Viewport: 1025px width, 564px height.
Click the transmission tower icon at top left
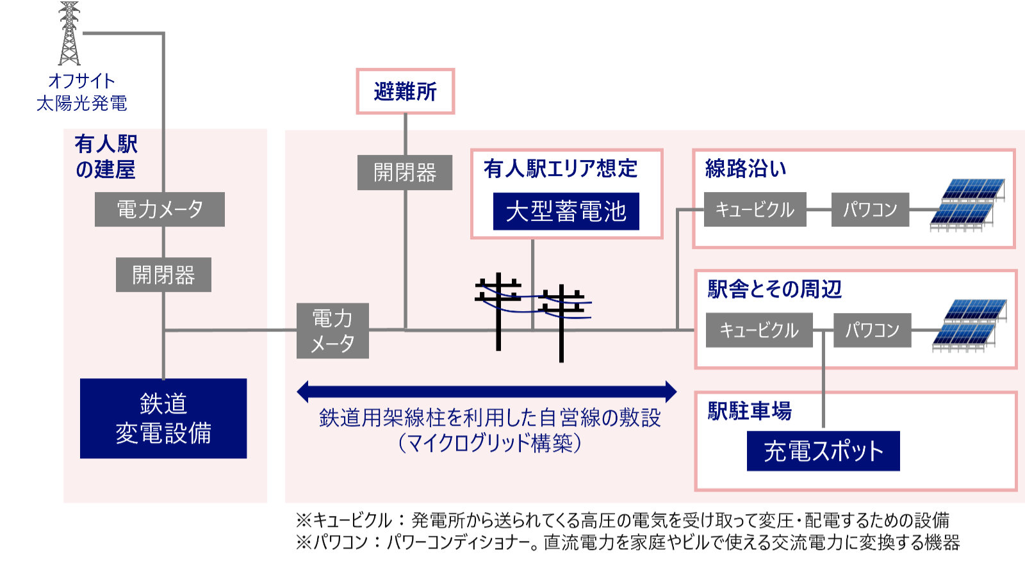(x=69, y=33)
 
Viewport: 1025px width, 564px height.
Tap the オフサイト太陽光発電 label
(x=81, y=92)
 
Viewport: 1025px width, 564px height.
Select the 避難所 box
(x=405, y=92)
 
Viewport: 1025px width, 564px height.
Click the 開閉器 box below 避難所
(x=405, y=172)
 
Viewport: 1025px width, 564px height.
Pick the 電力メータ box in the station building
(x=160, y=209)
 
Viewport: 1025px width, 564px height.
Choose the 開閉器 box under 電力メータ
(x=163, y=275)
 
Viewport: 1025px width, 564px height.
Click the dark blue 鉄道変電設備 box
(x=163, y=418)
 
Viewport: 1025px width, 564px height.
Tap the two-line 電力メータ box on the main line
(x=332, y=330)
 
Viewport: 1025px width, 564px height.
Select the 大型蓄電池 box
(x=566, y=211)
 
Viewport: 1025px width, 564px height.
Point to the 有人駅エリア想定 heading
(x=561, y=168)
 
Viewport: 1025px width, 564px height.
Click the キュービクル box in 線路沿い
(x=755, y=209)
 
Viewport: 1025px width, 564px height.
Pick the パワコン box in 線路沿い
(x=870, y=209)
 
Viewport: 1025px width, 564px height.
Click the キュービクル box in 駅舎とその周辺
(x=759, y=330)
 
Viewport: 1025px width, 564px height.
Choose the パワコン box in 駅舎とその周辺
(x=872, y=330)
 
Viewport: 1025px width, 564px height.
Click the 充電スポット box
(x=823, y=451)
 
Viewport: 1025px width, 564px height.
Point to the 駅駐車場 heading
(x=750, y=410)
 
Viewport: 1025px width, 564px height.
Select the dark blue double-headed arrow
(x=487, y=391)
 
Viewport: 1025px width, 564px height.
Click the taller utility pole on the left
(x=498, y=312)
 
